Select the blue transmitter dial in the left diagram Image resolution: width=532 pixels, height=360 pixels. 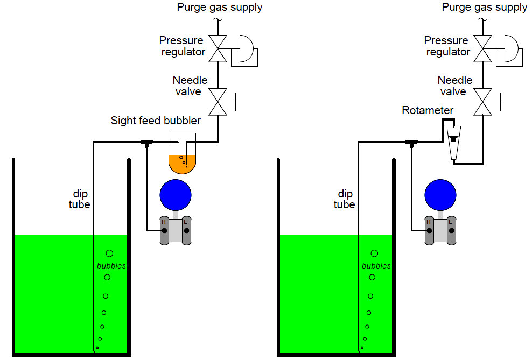176,195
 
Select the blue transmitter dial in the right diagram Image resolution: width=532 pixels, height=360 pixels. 440,195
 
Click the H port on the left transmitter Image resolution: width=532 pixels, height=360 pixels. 164,230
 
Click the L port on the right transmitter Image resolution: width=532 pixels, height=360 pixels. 451,230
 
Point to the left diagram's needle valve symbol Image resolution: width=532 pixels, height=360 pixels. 218,101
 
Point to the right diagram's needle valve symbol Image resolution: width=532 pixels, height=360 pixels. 482,101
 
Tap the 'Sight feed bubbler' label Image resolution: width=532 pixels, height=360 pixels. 156,121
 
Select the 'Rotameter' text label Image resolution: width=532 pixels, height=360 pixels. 428,110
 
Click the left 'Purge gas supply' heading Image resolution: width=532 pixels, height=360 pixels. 220,7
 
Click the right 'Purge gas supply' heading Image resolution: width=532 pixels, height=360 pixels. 484,7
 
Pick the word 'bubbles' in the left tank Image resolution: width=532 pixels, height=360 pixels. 111,265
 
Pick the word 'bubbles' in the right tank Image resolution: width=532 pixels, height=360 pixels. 376,265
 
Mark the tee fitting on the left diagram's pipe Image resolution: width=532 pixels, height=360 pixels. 146,142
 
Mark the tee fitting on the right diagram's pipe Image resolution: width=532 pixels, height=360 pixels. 411,142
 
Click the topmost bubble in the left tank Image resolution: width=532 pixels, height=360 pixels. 109,253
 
